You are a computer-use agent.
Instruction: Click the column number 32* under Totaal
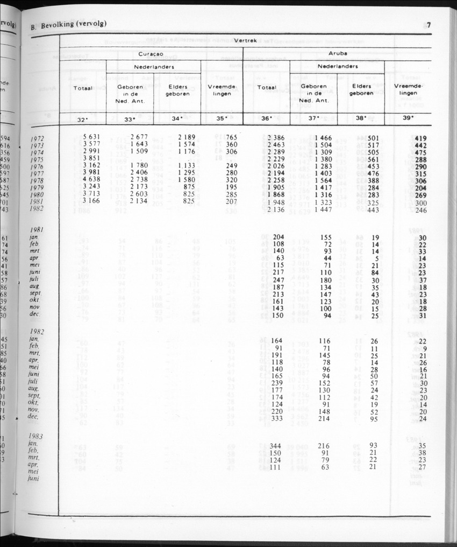pos(83,118)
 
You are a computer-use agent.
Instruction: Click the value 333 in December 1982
pos(276,418)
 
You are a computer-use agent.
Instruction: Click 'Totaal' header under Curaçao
pos(83,87)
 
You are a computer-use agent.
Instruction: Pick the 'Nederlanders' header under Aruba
pos(338,67)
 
